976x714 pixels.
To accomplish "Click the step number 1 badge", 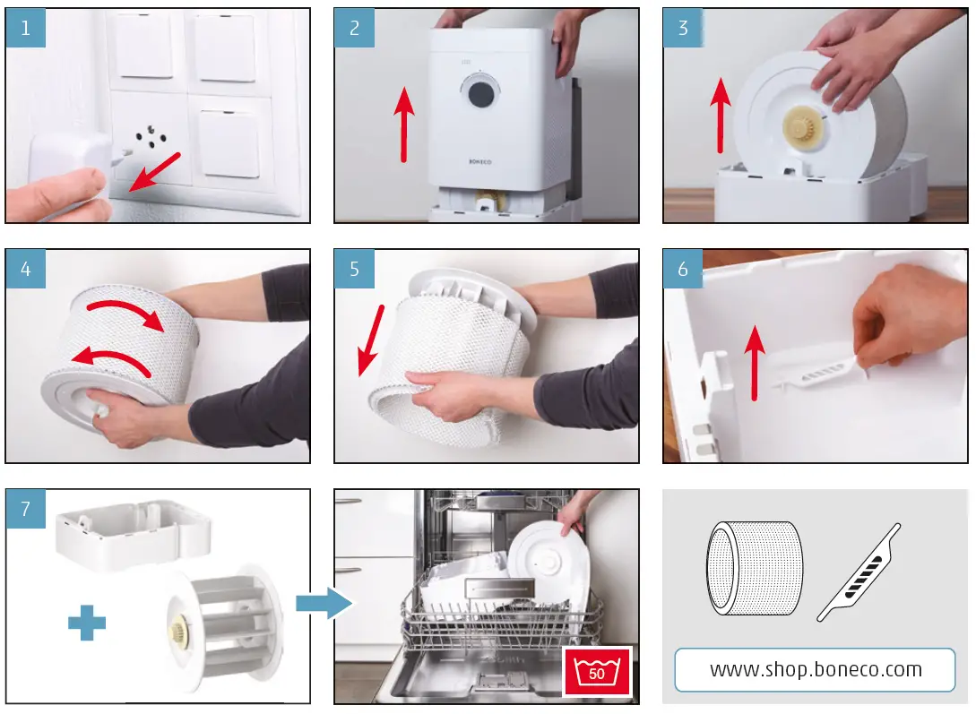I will tap(25, 28).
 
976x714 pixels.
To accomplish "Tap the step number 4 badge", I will tap(25, 269).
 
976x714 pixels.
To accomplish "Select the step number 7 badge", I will tap(25, 509).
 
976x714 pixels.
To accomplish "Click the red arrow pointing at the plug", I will tap(156, 172).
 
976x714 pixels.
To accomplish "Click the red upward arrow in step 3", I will tap(719, 115).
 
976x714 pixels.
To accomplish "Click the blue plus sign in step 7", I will tap(87, 622).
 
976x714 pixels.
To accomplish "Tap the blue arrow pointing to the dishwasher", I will tap(324, 602).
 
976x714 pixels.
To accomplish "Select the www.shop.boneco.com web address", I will tap(815, 669).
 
